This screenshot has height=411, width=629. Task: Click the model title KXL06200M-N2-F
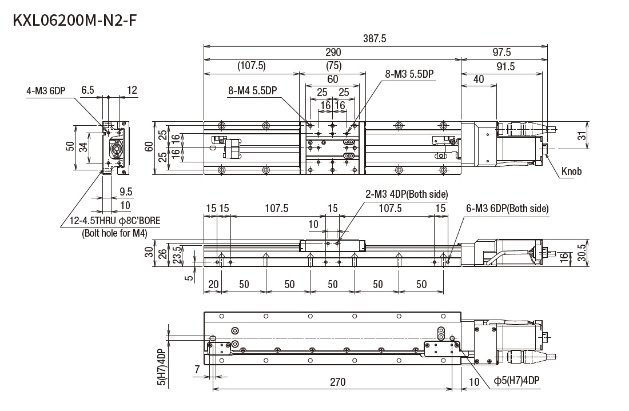coord(75,21)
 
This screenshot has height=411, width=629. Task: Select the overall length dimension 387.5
coord(375,38)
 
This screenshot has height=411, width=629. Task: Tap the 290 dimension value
coord(332,52)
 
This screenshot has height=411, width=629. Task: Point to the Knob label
coord(571,171)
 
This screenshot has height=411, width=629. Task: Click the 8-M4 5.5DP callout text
coord(252,90)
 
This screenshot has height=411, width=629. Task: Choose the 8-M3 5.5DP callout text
coord(410,74)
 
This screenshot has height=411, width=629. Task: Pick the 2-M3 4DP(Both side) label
coord(407,194)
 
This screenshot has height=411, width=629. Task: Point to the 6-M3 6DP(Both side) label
coord(507,209)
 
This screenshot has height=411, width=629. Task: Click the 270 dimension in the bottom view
coord(337,382)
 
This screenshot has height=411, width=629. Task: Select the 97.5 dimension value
coord(501,52)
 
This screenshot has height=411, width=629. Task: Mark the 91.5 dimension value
coord(505,66)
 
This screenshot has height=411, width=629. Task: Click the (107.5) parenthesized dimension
coord(252,66)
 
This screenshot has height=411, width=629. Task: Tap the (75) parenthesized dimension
coord(333,65)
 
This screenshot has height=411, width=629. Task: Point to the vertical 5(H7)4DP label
coord(161,366)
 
